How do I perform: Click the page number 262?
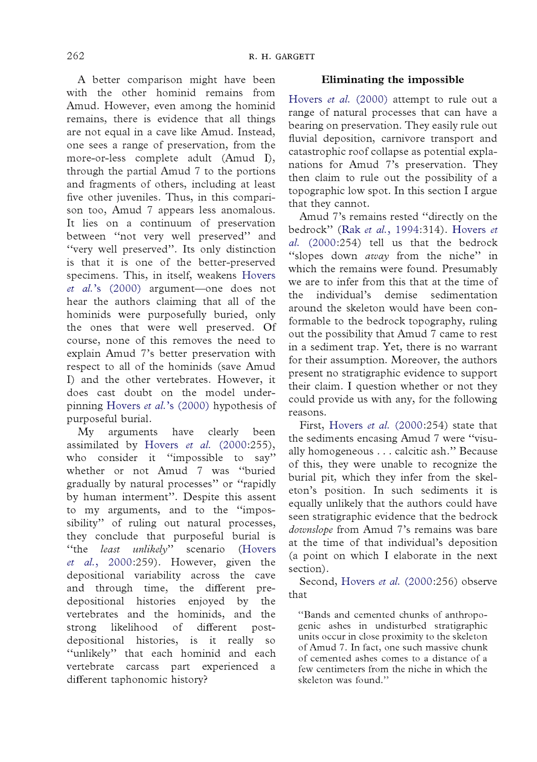pos(75,56)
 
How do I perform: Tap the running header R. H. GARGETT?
pos(282,57)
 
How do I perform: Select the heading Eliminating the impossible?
pos(392,80)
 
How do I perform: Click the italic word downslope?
pos(310,530)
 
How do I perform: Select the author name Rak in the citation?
pos(351,230)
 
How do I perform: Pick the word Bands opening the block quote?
pos(316,615)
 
